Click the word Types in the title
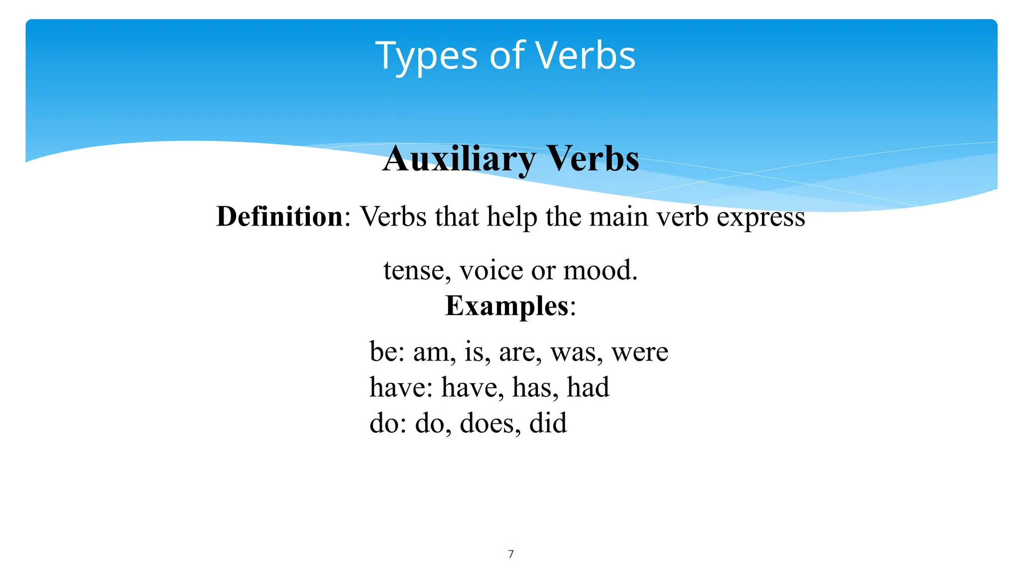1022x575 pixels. click(427, 56)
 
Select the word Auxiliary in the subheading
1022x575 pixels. click(459, 159)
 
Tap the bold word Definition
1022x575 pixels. click(279, 217)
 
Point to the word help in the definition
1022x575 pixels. click(512, 217)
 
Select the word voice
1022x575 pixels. click(491, 271)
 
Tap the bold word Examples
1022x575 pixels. click(507, 305)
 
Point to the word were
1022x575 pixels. click(640, 352)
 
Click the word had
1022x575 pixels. click(588, 387)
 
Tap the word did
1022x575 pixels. click(548, 423)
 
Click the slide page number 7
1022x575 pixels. click(511, 554)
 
